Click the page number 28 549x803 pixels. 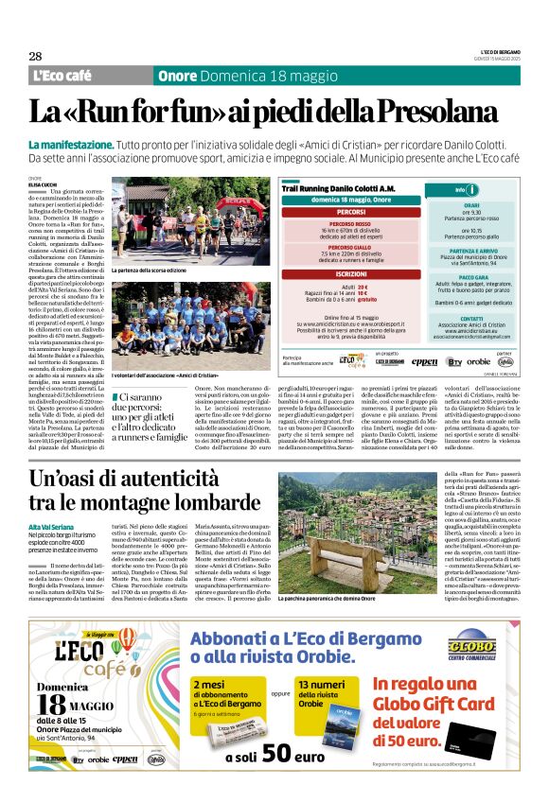[x=35, y=56]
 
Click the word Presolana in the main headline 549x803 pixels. [x=441, y=112]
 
